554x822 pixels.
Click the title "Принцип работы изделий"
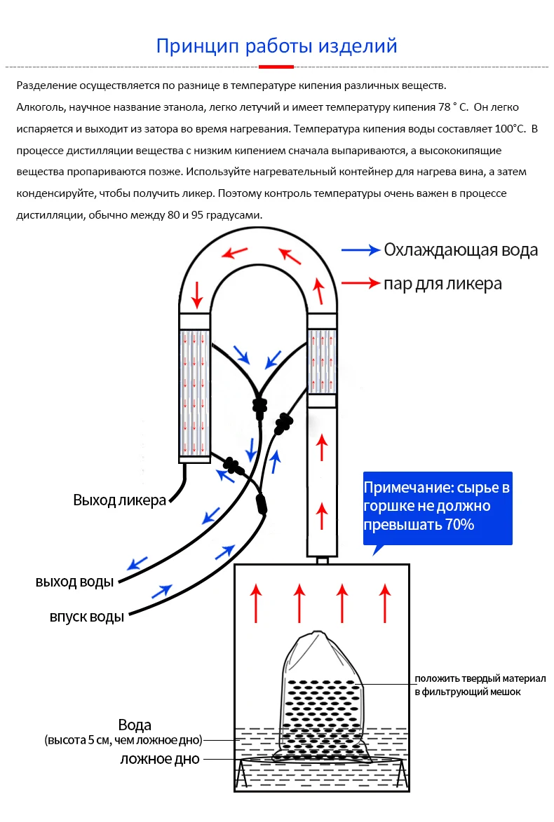(276, 46)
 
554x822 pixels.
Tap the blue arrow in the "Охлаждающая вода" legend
(360, 249)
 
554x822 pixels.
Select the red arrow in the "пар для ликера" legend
(360, 283)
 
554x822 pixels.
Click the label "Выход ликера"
(119, 500)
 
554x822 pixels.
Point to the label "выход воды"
(74, 582)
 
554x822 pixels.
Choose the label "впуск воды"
(86, 617)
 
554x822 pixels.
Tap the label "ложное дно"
(160, 759)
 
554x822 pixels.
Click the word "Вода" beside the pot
(135, 725)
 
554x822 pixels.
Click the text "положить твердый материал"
(479, 678)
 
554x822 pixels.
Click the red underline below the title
(276, 67)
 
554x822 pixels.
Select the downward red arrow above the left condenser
(196, 295)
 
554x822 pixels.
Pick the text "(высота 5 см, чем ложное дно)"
(123, 740)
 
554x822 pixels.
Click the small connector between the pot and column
(322, 559)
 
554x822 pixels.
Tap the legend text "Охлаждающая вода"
(461, 249)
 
